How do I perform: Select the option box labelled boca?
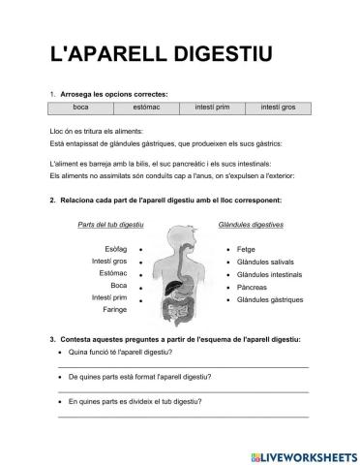[80, 107]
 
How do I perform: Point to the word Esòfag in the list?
[115, 248]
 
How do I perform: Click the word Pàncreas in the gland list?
[253, 287]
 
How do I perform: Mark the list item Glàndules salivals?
[267, 262]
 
